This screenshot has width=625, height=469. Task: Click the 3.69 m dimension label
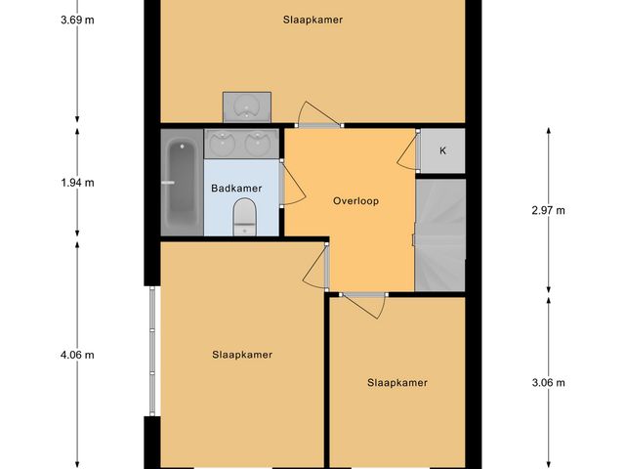coord(76,20)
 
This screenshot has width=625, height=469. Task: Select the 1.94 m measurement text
coord(76,182)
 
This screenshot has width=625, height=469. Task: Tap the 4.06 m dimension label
coord(76,355)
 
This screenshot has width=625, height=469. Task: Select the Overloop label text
coord(355,201)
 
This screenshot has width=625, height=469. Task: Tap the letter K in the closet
coord(442,150)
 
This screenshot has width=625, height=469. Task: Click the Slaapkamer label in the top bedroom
coord(312,20)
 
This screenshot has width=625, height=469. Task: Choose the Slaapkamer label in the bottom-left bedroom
coord(241,355)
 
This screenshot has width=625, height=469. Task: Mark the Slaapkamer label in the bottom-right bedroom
coord(397,382)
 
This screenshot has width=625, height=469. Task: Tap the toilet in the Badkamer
coord(244,216)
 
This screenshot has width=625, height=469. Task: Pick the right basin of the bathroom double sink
coord(258,143)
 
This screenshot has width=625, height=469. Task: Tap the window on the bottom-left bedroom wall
coord(151,352)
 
